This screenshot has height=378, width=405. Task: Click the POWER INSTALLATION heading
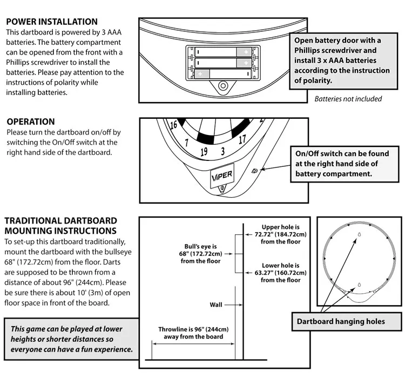[51, 22]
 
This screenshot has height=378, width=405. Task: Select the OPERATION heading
[30, 122]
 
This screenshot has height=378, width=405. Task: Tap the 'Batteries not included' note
[348, 99]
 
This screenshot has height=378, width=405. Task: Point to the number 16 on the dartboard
[173, 125]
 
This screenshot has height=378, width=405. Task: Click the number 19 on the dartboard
[204, 152]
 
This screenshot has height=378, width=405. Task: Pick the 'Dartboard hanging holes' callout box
[341, 321]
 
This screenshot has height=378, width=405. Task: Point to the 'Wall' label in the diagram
[215, 305]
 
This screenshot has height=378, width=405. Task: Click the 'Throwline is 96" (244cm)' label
[193, 333]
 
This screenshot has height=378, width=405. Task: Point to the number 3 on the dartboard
[222, 151]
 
